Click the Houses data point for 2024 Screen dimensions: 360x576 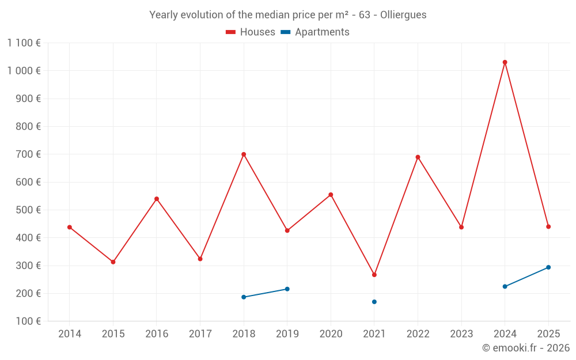pos(505,62)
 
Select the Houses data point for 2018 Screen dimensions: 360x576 pos(244,154)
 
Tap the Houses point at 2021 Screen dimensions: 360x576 pos(374,275)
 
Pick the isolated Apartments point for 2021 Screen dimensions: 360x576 pos(374,302)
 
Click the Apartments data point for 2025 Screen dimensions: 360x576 pos(548,267)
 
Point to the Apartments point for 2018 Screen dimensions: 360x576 pos(244,297)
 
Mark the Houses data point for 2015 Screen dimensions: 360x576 pos(113,262)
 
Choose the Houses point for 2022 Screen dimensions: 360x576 pos(418,157)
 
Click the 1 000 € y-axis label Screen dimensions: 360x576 pos(24,71)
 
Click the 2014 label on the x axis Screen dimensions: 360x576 pos(70,334)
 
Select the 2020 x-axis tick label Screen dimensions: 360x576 pos(331,334)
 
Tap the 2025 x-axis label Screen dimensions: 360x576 pos(548,334)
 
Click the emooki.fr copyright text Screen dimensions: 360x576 pos(525,348)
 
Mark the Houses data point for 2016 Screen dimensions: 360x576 pos(157,199)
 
